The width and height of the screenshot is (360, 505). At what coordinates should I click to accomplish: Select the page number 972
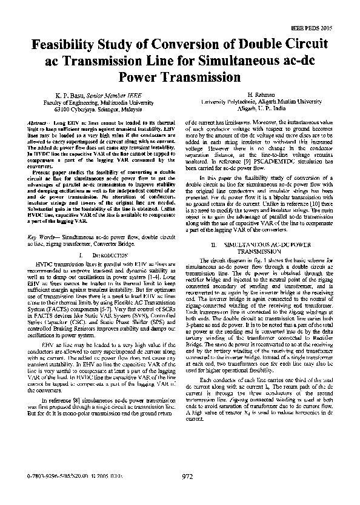[x=187, y=493]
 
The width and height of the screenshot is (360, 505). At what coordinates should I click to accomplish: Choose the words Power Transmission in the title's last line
[x=180, y=78]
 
